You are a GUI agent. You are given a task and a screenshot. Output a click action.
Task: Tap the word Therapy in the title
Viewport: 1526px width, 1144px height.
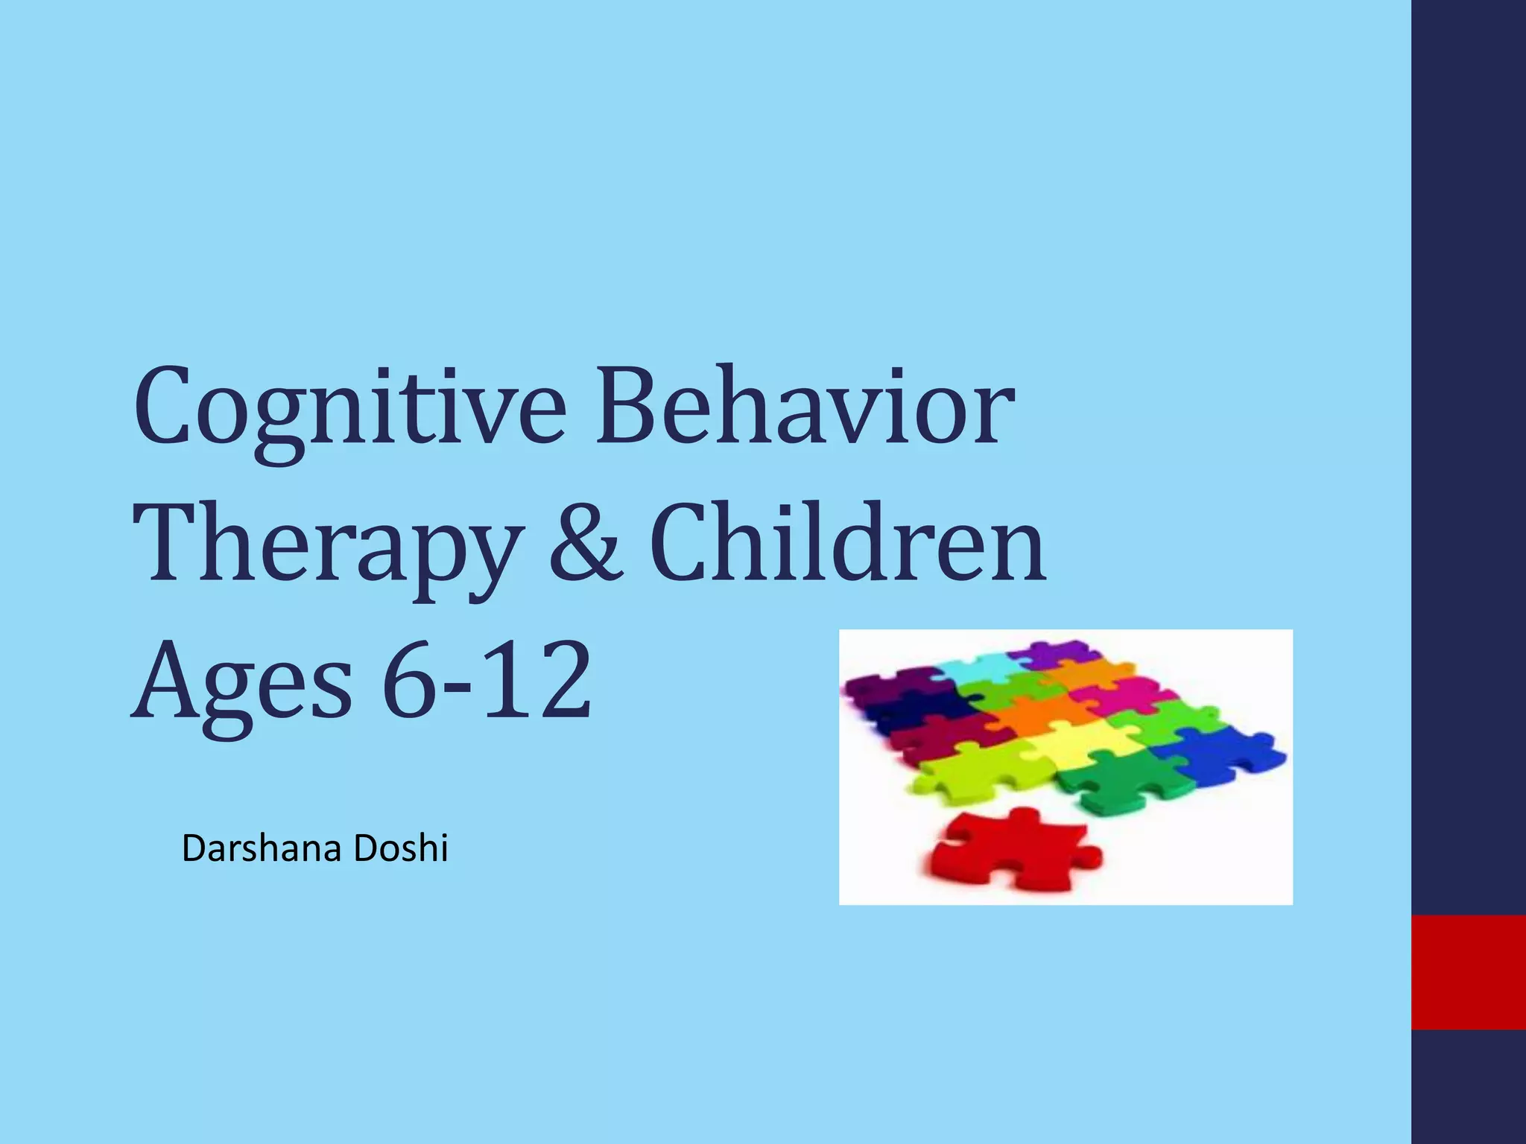(328, 547)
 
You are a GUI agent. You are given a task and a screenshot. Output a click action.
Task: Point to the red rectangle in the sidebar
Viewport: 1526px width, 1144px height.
(1468, 972)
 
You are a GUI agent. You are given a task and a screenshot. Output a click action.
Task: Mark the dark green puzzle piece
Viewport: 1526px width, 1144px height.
(1125, 782)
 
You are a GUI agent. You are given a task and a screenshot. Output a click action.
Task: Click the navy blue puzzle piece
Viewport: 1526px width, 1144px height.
(909, 708)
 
